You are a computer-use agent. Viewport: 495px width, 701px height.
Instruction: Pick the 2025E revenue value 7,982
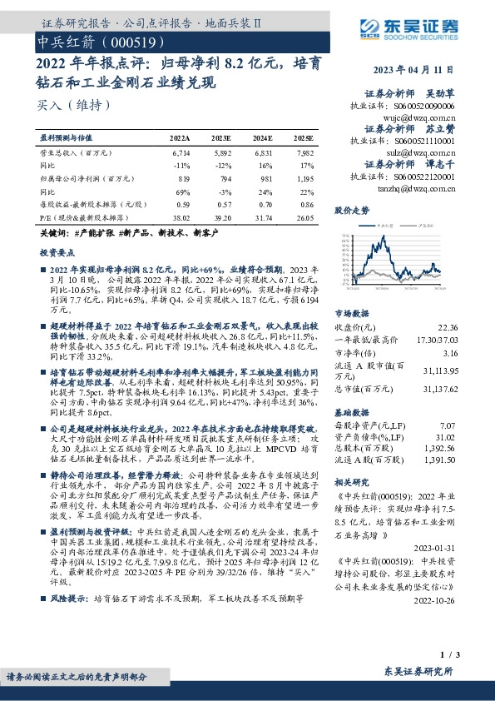click(304, 154)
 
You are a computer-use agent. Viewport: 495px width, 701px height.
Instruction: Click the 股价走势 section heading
click(352, 211)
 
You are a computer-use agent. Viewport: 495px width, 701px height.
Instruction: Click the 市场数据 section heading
click(352, 314)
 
